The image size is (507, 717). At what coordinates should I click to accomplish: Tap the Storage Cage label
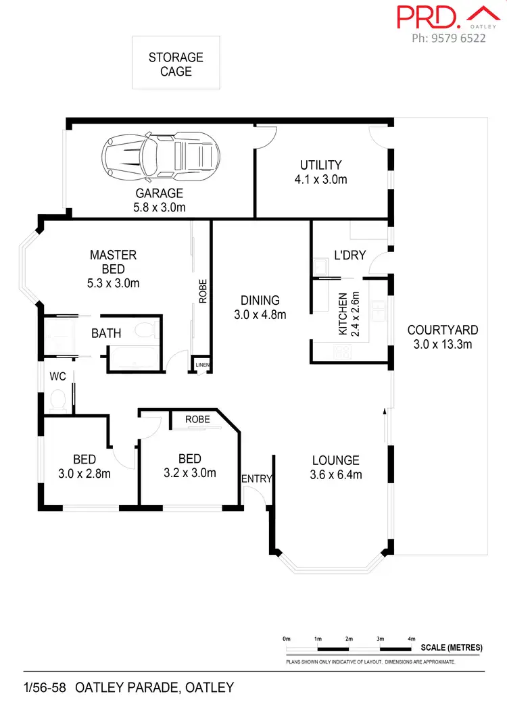click(x=176, y=64)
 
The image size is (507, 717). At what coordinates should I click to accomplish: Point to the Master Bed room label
click(x=113, y=269)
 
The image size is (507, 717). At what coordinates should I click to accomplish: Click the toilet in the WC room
click(x=57, y=400)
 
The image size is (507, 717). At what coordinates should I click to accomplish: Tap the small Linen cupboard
click(x=202, y=365)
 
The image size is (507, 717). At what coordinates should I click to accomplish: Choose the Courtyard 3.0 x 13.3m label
click(x=443, y=337)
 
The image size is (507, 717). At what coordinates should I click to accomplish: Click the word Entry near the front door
click(x=256, y=479)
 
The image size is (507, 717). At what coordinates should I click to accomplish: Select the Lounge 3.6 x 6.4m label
click(x=336, y=467)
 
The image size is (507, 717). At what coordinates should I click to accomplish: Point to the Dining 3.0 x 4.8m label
click(x=260, y=307)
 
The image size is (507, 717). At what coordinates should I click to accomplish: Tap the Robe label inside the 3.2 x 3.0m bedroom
click(x=197, y=419)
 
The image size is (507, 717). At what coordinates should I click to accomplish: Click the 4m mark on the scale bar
click(x=411, y=638)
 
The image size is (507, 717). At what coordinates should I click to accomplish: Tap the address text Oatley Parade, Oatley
click(x=155, y=688)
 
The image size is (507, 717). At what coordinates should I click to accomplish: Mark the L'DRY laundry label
click(x=350, y=255)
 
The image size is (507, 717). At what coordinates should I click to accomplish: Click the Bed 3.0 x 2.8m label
click(x=84, y=467)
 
